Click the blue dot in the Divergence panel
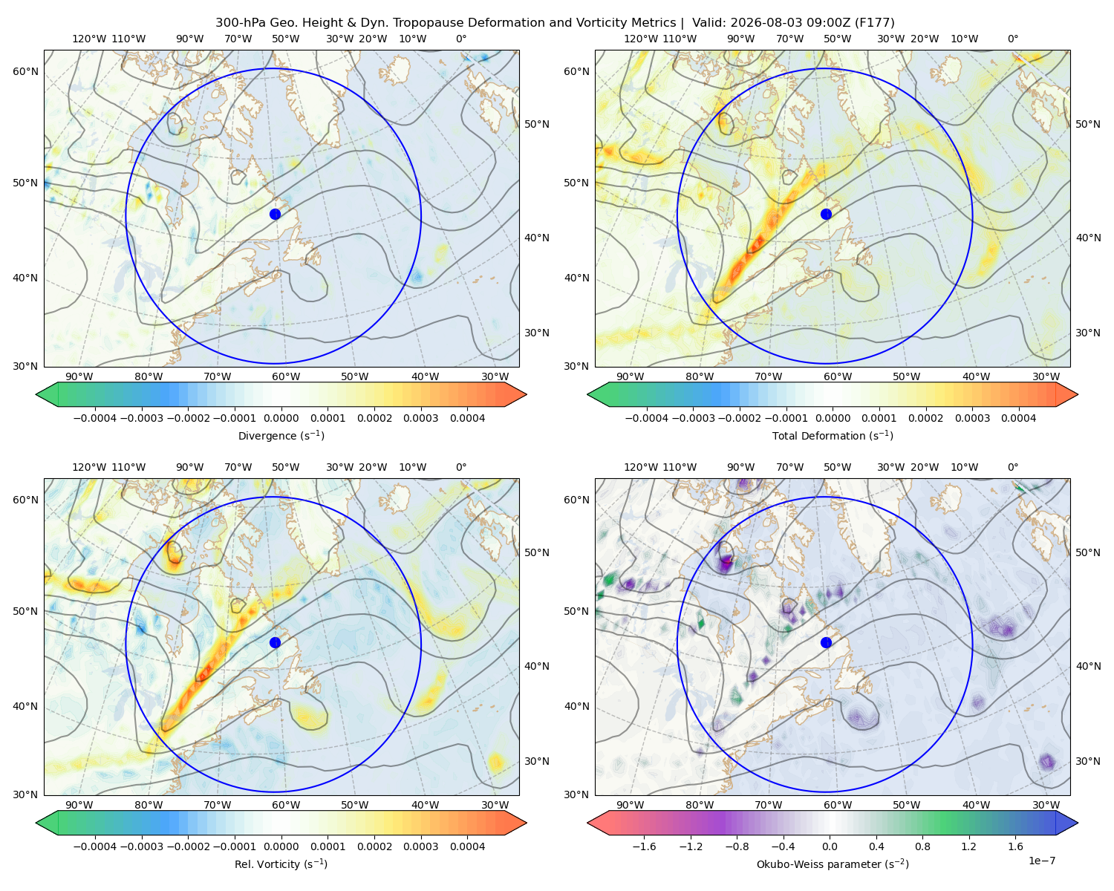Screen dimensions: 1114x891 click(275, 215)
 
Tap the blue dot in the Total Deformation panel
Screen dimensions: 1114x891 click(826, 215)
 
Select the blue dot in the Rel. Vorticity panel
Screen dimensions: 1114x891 click(275, 642)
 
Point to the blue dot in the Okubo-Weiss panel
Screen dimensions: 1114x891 click(826, 642)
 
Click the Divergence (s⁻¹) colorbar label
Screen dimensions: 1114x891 click(281, 436)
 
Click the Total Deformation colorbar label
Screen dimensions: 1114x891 click(833, 436)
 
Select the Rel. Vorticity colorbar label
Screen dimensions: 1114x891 click(281, 864)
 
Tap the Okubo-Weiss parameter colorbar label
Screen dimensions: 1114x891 click(833, 864)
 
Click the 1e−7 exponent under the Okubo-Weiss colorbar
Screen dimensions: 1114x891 click(1041, 861)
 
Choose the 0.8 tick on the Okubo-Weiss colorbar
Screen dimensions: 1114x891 click(922, 846)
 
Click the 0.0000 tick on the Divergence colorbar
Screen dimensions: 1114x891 click(281, 418)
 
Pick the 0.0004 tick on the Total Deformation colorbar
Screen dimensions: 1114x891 click(1018, 418)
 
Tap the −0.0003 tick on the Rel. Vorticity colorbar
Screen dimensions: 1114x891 click(141, 846)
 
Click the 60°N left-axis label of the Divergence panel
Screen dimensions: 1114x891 click(25, 71)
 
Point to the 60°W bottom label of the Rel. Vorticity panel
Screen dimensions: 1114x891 click(286, 805)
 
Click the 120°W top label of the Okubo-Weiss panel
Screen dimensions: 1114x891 click(640, 467)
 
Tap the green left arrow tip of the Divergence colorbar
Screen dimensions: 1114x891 click(36, 394)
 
